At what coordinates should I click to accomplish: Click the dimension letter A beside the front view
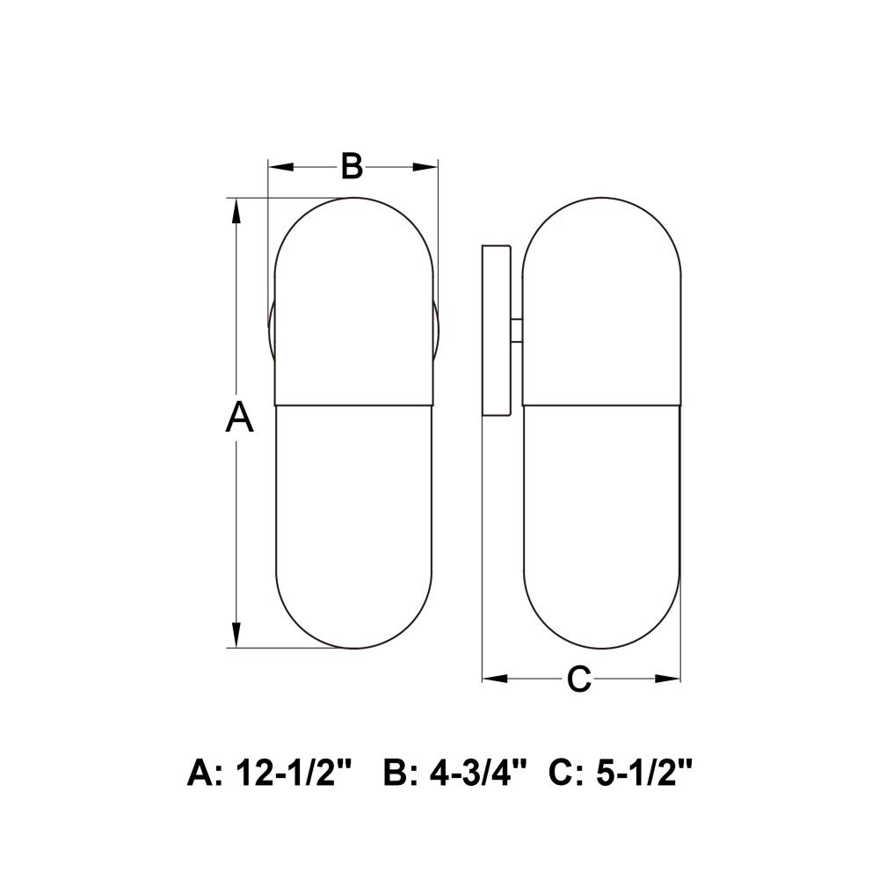(x=239, y=417)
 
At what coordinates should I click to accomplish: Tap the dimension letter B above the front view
(x=352, y=166)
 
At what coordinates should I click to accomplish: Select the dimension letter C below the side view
(x=579, y=679)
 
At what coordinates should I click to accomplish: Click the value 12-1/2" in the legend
(x=294, y=773)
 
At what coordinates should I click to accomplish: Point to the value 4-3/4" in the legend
(x=478, y=773)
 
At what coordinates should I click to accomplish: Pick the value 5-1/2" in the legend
(x=644, y=773)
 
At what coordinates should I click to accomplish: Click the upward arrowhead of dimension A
(x=236, y=213)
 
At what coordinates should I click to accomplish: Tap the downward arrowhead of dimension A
(x=236, y=634)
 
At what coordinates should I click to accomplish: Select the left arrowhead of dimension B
(x=281, y=166)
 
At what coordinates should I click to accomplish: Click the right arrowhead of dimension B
(x=425, y=166)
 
